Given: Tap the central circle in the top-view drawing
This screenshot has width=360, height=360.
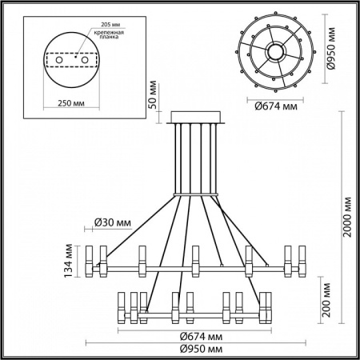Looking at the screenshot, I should [x=276, y=50].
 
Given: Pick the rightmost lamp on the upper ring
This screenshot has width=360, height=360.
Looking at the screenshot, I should [x=302, y=256].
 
